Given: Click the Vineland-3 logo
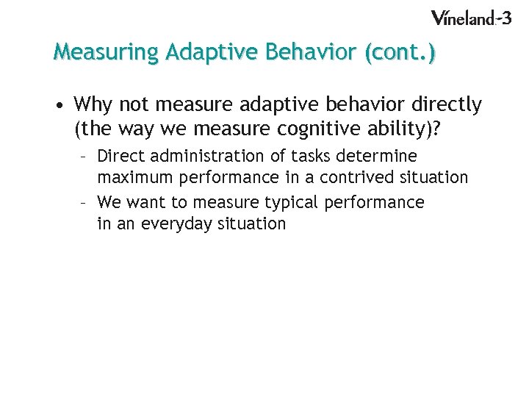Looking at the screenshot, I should click(x=470, y=18).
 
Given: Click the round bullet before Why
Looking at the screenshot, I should click(x=57, y=106).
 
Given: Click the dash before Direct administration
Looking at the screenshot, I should click(x=85, y=157).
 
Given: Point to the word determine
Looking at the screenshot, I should click(x=376, y=156).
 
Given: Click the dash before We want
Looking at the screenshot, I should click(x=85, y=202).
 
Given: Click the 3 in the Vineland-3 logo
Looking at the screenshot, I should click(x=505, y=17).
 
